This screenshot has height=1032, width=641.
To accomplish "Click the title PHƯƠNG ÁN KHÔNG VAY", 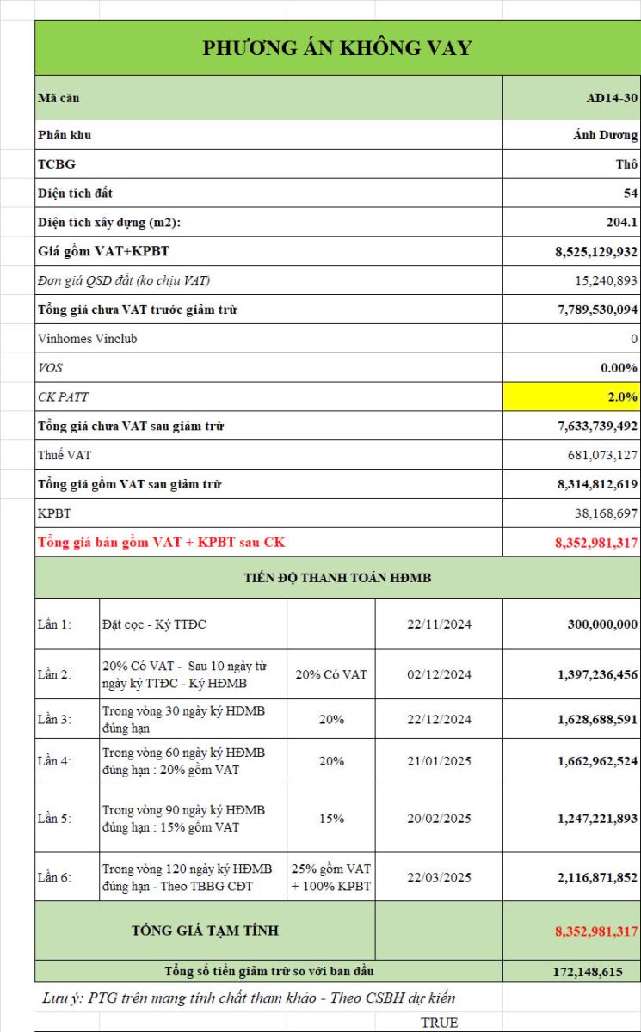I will tap(337, 48).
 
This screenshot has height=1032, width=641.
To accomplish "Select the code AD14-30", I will tap(612, 98).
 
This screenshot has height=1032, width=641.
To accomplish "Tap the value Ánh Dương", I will tap(606, 135).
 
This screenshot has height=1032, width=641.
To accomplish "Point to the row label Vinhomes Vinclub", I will tap(87, 339).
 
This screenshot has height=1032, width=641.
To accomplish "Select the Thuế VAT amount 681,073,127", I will tap(602, 455).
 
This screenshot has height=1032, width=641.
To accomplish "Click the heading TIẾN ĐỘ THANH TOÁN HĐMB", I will tap(337, 578).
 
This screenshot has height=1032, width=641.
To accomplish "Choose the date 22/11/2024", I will tap(439, 624).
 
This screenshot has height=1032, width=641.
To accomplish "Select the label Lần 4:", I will tap(54, 761).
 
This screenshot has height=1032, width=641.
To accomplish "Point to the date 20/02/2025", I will tap(439, 819).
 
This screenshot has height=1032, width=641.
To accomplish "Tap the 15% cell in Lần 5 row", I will tap(331, 819).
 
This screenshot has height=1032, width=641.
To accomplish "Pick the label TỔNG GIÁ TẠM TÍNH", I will tap(205, 931).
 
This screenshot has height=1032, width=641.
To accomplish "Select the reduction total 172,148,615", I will tap(588, 972).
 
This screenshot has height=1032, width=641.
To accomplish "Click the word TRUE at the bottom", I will tap(439, 1023).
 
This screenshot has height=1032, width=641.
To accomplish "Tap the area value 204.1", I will tap(621, 223).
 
